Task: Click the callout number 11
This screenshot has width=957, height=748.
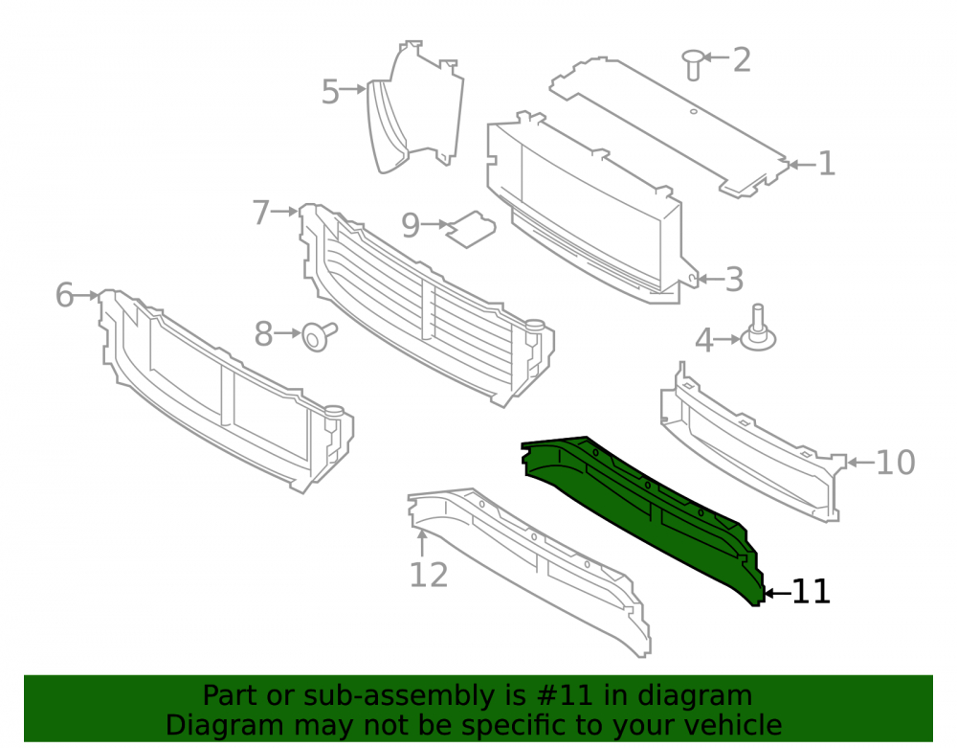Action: (812, 592)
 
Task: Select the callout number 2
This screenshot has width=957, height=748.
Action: (741, 59)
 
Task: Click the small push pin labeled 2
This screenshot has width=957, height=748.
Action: (692, 64)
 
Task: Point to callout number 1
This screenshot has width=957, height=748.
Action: (826, 164)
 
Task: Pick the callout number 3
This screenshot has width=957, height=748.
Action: (734, 280)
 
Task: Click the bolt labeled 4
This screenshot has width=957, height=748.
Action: (758, 329)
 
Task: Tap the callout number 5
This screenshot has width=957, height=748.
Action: (330, 92)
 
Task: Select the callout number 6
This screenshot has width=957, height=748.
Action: (64, 296)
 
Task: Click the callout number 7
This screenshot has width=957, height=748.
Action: (260, 213)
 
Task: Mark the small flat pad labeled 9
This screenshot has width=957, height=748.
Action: (471, 229)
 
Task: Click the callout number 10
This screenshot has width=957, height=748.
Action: (896, 463)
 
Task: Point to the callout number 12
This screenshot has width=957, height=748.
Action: (429, 576)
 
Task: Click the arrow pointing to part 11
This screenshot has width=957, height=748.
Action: (777, 592)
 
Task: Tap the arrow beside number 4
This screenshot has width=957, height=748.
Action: (727, 339)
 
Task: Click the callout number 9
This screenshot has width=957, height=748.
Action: (411, 226)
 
